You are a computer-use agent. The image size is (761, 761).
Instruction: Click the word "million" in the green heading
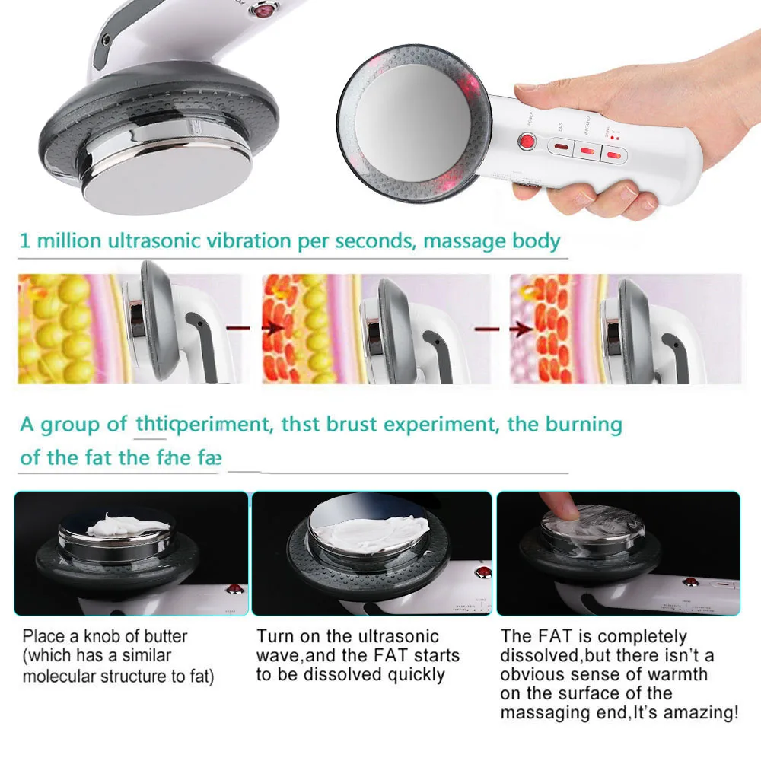point(69,242)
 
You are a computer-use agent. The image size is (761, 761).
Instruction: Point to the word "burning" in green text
point(585,424)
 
